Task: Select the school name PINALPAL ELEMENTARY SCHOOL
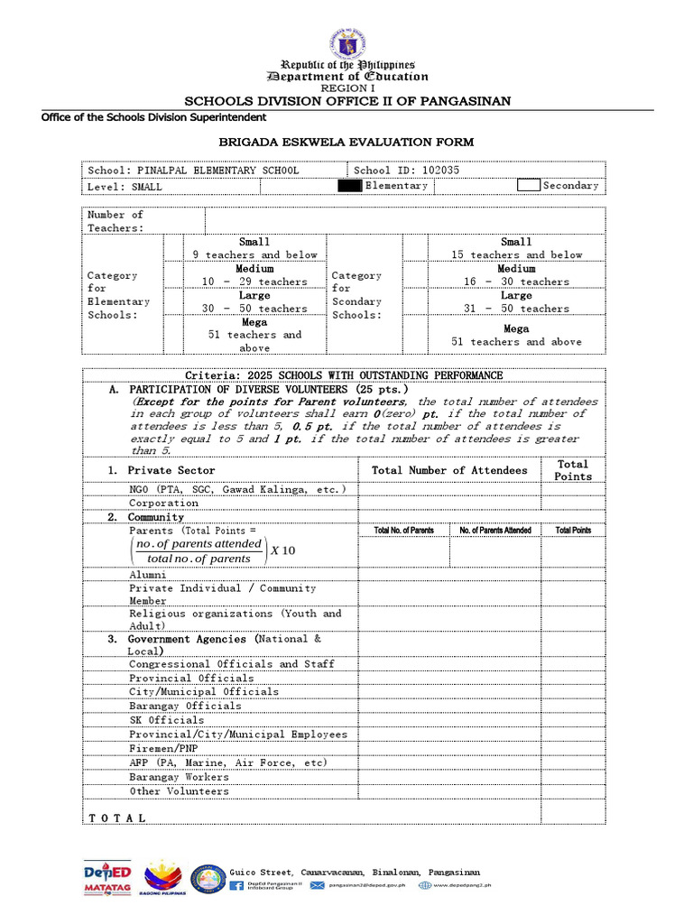click(x=216, y=170)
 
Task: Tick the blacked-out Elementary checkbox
click(x=349, y=186)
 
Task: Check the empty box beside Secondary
click(x=529, y=186)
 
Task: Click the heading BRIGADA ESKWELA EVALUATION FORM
click(x=346, y=143)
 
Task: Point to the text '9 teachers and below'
click(x=254, y=255)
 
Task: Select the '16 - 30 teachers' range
click(x=516, y=282)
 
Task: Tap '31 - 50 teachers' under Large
click(x=516, y=309)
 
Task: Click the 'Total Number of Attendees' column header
click(x=449, y=470)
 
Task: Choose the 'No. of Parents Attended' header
click(x=494, y=531)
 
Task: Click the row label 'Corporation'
click(x=163, y=503)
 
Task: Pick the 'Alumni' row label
click(x=147, y=574)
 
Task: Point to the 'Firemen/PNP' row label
click(x=163, y=749)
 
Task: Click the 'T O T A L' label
click(x=117, y=818)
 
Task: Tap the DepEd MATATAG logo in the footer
click(x=106, y=878)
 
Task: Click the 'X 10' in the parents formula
click(x=282, y=551)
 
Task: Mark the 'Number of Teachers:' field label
click(x=115, y=221)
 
